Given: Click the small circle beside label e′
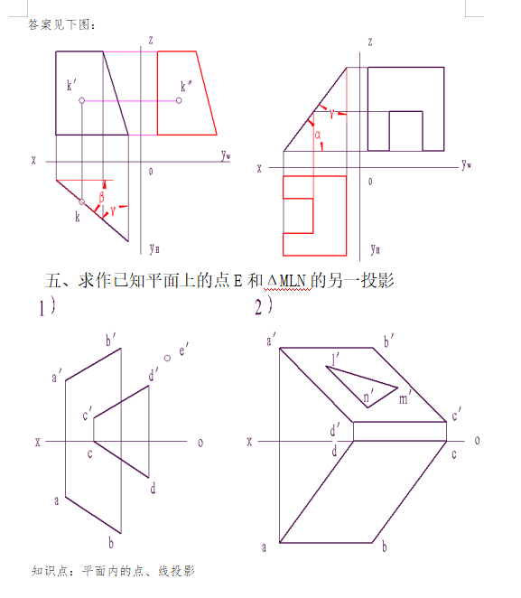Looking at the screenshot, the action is click(167, 358).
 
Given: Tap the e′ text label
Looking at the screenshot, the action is click(183, 350).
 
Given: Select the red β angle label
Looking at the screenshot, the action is click(102, 198).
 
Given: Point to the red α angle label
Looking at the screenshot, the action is click(318, 135).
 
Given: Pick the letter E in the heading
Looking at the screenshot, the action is click(237, 281).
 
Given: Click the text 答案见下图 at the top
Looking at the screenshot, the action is click(59, 24).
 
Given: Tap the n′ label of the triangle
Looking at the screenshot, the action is click(368, 397).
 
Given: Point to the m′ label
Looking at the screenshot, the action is click(405, 398).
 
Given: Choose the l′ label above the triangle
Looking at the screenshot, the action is click(335, 360).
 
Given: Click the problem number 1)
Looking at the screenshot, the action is click(47, 307).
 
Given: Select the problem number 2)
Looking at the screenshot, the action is click(264, 306).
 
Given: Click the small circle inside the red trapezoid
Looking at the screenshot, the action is click(179, 100).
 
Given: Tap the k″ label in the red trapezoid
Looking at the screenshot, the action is click(186, 86).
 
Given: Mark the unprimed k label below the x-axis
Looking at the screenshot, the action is click(78, 217).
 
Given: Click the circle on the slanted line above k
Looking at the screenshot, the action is click(81, 201).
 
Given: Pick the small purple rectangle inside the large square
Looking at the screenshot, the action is click(406, 131).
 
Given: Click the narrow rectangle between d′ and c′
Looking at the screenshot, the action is click(400, 432).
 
